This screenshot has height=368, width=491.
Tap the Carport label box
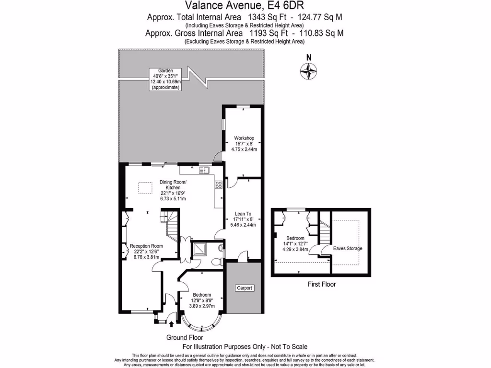click(244, 288)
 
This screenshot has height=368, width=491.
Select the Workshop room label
click(244, 143)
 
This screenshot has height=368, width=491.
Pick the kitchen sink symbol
click(205, 170)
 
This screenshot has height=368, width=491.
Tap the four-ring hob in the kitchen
click(218, 185)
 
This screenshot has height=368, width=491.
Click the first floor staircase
click(326, 234)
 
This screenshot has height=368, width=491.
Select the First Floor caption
click(321, 284)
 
